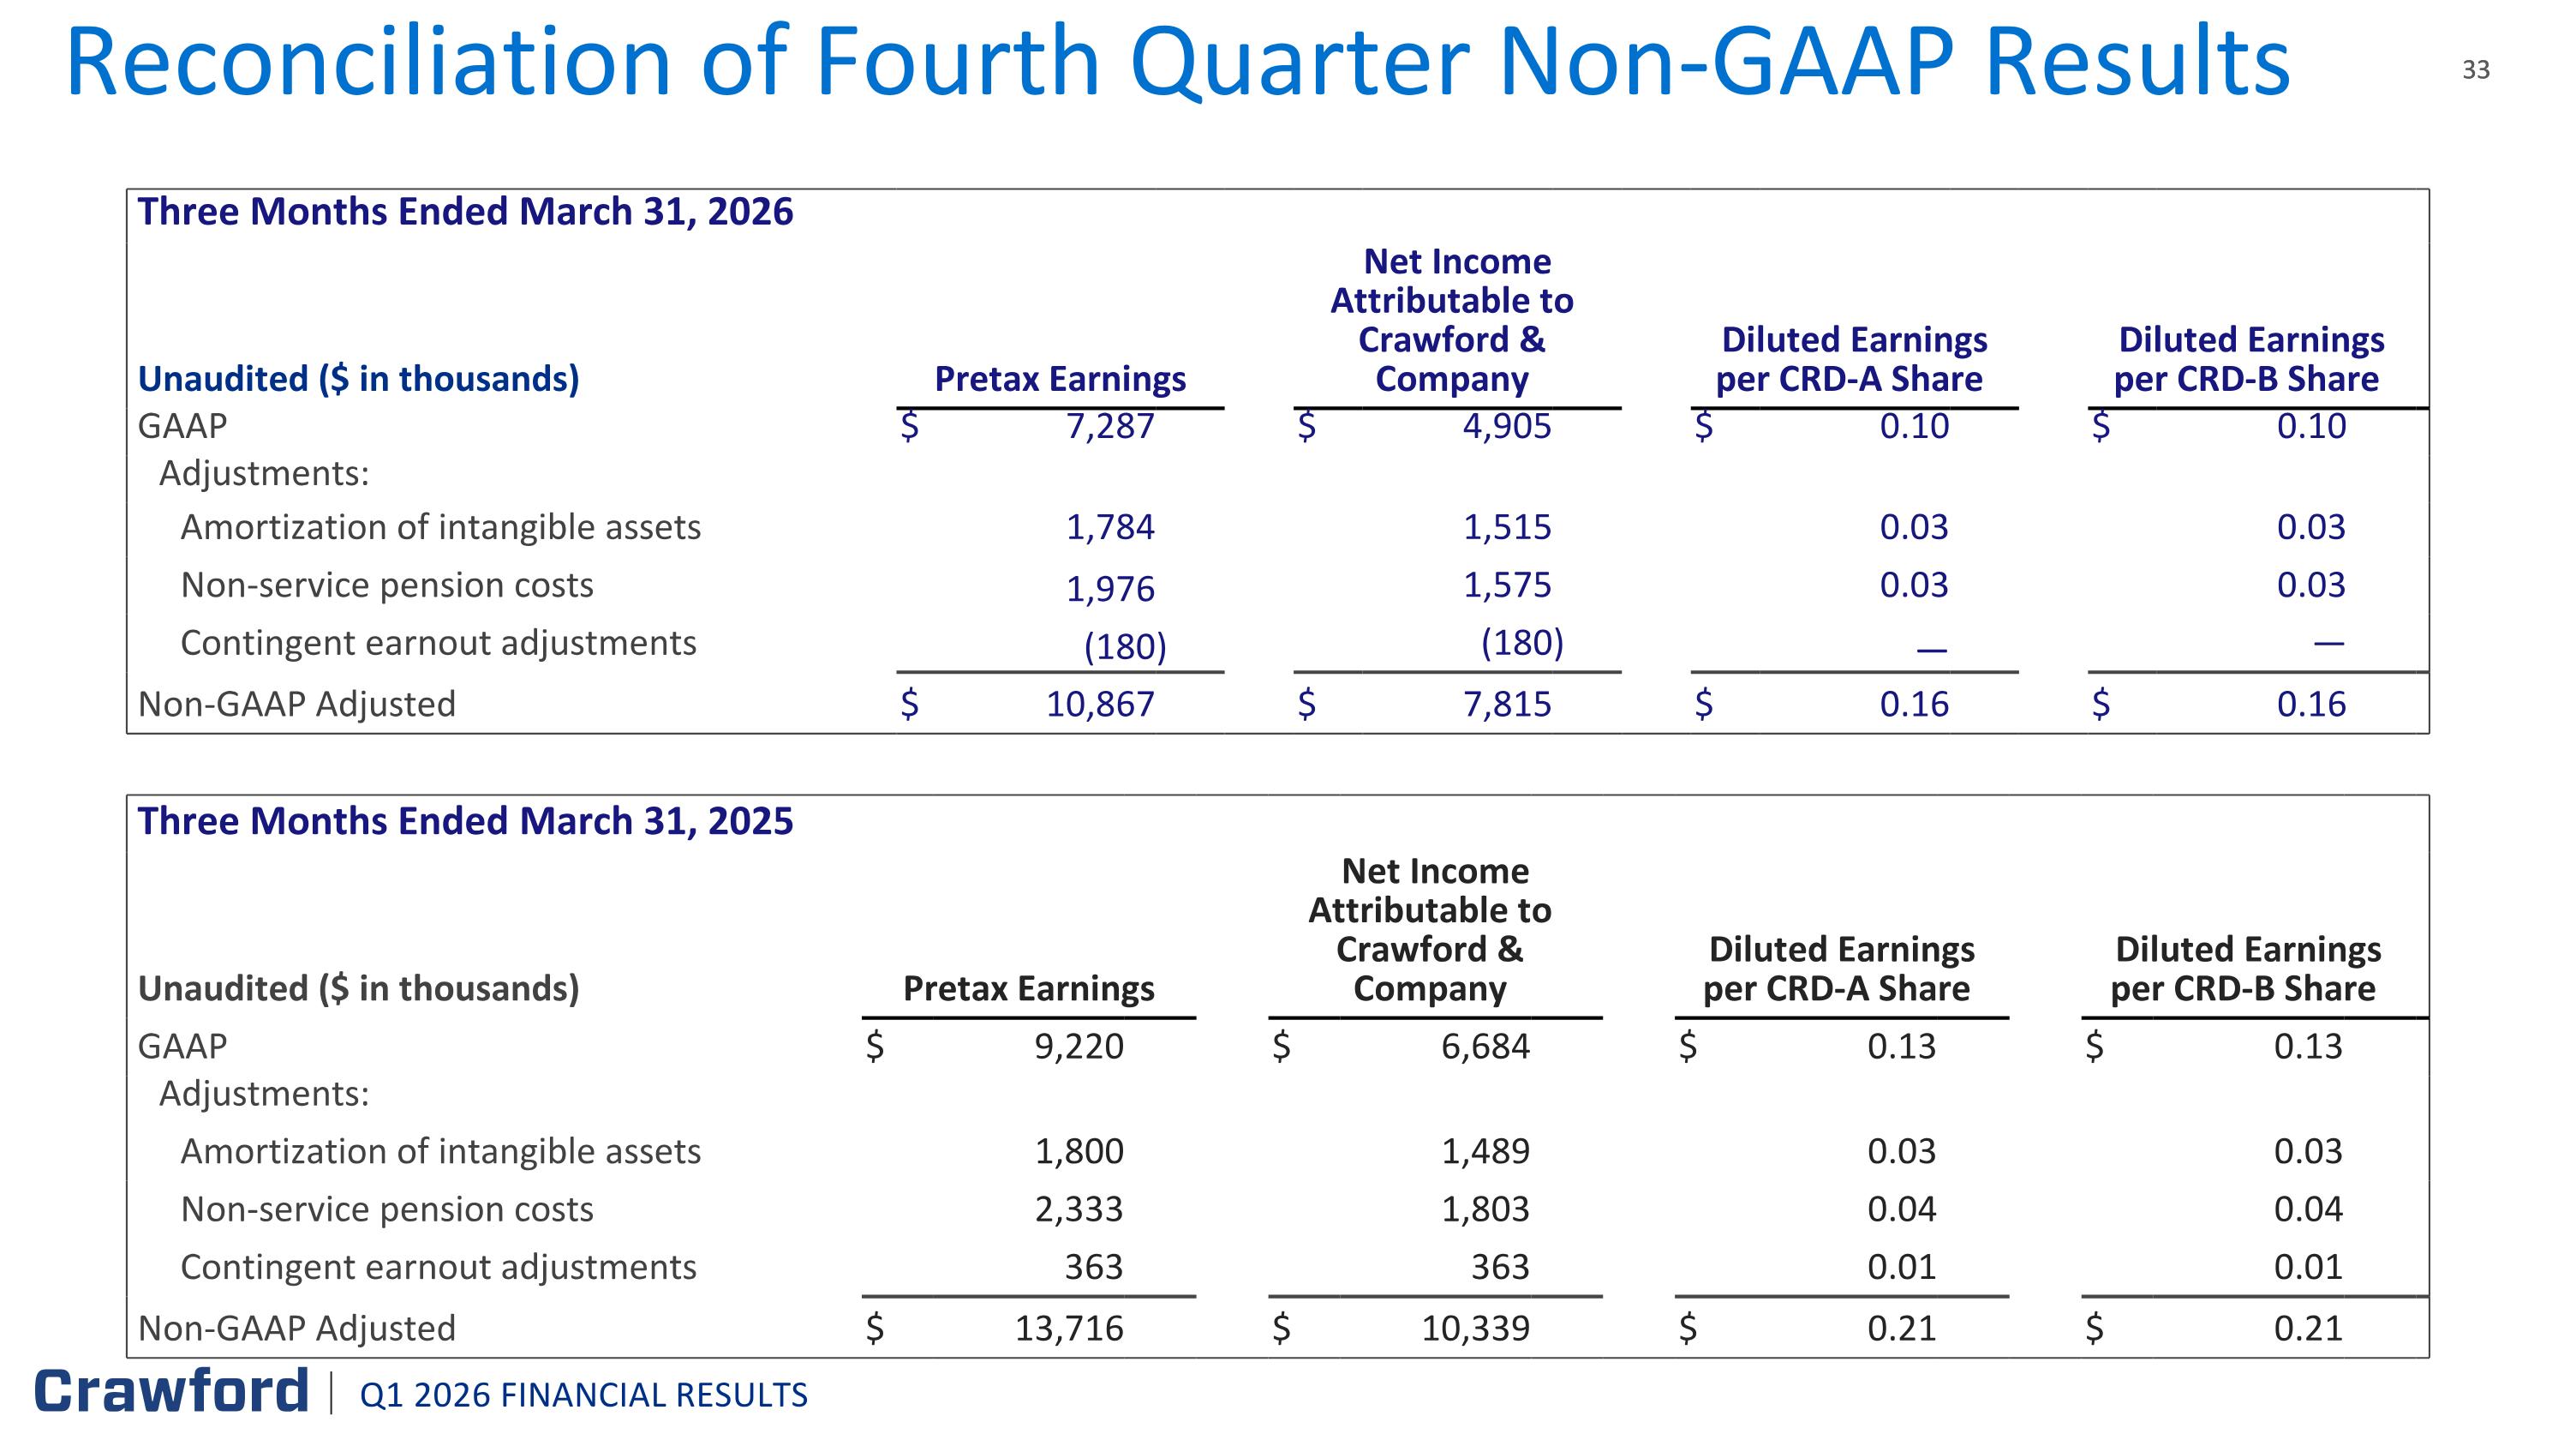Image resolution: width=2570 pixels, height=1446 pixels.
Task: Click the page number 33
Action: tap(2475, 69)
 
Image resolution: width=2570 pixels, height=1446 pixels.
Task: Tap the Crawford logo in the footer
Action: tap(171, 1391)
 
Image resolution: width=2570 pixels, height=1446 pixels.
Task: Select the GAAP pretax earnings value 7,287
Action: tap(1109, 427)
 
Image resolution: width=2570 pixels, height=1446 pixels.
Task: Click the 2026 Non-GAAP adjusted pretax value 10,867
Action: tap(1099, 705)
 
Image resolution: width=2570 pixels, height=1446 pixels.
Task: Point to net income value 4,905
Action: tap(1507, 427)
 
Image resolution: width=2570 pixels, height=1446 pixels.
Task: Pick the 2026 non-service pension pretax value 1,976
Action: tap(1109, 590)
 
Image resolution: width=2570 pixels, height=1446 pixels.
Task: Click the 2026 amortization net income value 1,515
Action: tap(1507, 527)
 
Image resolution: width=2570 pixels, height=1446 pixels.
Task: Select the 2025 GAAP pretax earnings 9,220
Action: tap(1079, 1047)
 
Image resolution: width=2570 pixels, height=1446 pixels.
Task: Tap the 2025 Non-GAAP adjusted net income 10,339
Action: tap(1475, 1329)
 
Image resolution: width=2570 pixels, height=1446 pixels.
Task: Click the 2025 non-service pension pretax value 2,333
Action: tap(1079, 1209)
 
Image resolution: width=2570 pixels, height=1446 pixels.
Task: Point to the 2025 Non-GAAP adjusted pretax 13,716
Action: tap(1069, 1329)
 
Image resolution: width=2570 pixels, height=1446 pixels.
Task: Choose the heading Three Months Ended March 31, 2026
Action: tap(465, 213)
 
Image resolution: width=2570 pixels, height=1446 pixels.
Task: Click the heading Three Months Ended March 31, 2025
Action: tap(465, 821)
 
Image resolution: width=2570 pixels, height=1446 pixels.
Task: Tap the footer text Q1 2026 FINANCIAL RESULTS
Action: tap(583, 1395)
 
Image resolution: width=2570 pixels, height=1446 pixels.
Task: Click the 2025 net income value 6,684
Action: tap(1485, 1047)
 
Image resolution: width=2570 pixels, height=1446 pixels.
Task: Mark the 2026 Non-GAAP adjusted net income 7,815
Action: tap(1507, 705)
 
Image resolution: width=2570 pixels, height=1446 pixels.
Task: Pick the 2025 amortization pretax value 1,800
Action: tap(1079, 1152)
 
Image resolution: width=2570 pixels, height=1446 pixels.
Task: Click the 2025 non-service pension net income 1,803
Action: tap(1485, 1209)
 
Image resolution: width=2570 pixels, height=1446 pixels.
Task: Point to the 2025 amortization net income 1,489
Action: tap(1485, 1152)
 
